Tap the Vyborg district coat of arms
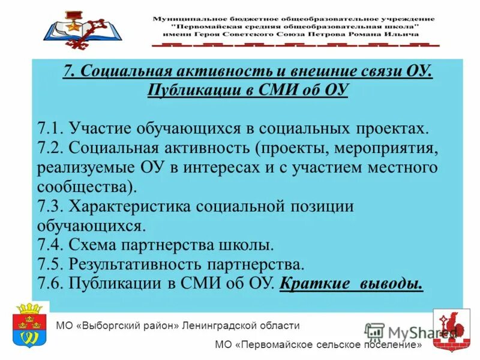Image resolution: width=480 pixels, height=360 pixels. [x=28, y=328]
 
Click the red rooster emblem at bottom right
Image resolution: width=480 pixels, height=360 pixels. [x=451, y=329]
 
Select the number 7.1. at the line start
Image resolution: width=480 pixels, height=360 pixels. [x=50, y=128]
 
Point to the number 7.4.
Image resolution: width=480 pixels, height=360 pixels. [x=50, y=245]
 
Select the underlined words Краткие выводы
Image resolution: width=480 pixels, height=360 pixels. [x=351, y=283]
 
